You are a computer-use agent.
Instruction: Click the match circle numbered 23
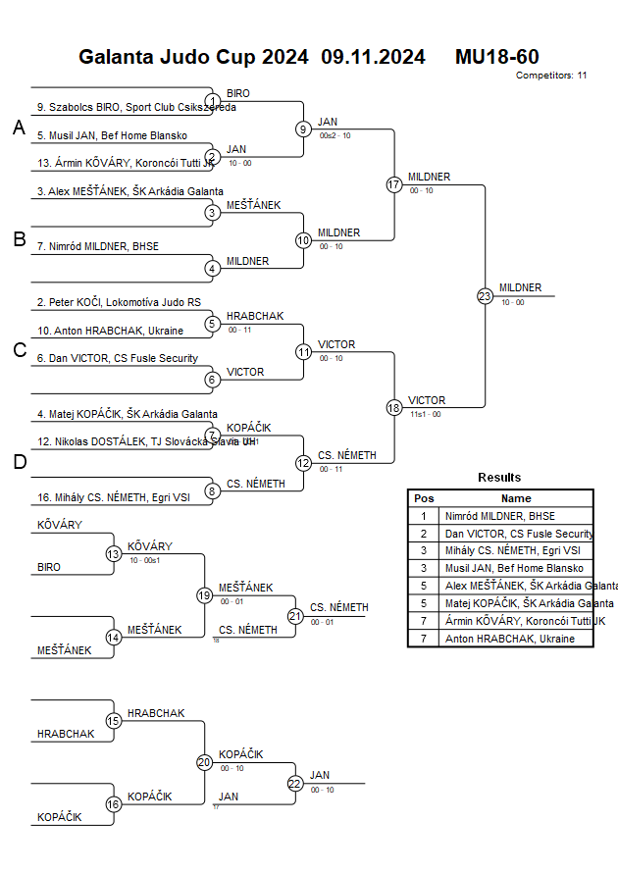485,296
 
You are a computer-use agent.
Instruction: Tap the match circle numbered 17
394,184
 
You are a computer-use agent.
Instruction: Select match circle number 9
304,129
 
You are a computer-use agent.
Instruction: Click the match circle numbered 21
295,615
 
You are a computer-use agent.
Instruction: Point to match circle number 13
114,554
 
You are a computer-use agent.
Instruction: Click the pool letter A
19,129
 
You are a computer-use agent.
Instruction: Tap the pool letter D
19,463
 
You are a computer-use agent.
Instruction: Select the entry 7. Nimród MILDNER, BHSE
98,246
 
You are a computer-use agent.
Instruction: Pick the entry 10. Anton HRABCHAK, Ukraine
110,331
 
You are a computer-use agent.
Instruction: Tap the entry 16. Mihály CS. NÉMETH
113,497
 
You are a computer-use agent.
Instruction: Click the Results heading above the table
499,478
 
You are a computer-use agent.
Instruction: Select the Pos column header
424,498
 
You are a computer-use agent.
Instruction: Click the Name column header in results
516,498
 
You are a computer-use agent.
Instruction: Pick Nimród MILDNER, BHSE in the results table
499,516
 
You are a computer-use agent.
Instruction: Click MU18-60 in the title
496,57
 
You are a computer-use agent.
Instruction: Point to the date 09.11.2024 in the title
373,57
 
